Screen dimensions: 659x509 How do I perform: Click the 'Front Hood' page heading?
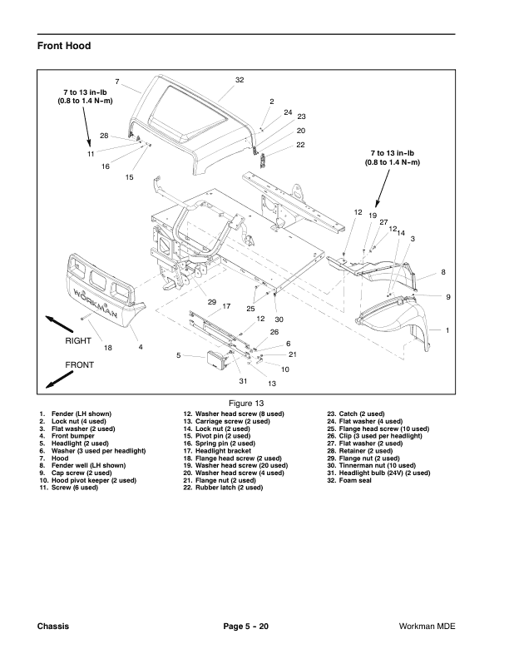63,45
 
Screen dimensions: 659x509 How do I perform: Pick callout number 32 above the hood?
240,80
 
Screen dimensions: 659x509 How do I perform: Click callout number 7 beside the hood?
117,81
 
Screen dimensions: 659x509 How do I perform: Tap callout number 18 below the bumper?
107,346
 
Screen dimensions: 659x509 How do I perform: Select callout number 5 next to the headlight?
179,356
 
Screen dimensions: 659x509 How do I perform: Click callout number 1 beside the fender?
447,331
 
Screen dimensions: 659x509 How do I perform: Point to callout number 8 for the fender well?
443,272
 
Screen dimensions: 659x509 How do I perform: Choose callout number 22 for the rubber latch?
300,145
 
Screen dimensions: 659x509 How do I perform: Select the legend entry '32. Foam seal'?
353,480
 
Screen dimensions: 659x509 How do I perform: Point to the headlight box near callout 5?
218,360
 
